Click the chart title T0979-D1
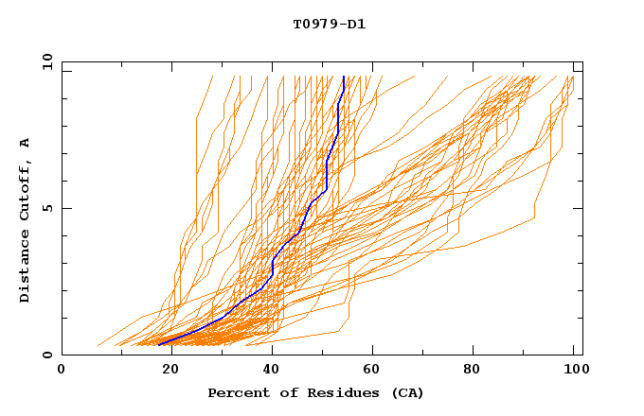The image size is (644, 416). pos(329,24)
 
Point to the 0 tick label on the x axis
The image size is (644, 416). pos(62,373)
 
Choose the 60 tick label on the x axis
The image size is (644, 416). pos(374,373)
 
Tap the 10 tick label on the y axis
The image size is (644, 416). pos(45,61)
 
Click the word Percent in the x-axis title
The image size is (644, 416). pos(236,393)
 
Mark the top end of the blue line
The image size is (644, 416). pos(344,77)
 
